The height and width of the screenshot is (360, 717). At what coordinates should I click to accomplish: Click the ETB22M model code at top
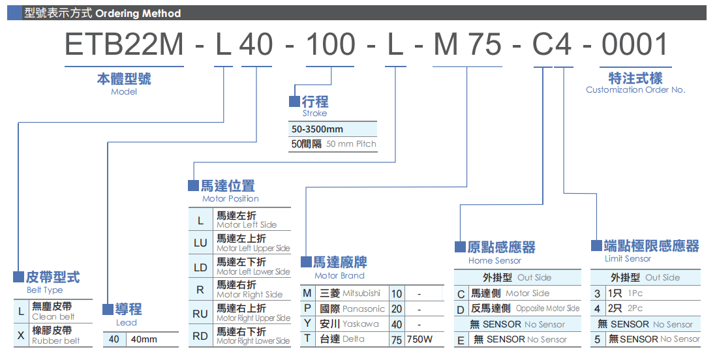[124, 45]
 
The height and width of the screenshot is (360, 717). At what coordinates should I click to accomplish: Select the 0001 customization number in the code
[635, 45]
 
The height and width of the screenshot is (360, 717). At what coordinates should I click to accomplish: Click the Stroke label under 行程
[314, 113]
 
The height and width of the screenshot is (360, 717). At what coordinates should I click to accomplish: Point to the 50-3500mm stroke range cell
[318, 129]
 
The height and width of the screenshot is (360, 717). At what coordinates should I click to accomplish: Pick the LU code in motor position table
[200, 243]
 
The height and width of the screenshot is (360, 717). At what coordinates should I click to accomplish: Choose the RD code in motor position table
[200, 337]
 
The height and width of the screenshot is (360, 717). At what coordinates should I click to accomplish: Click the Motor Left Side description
[247, 225]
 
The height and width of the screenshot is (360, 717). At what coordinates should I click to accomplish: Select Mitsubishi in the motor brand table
[361, 293]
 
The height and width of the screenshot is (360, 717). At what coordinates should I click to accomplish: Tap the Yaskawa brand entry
[360, 324]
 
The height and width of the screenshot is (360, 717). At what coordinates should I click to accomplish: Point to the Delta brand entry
[353, 339]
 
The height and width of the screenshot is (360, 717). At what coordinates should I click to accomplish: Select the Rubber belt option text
[56, 341]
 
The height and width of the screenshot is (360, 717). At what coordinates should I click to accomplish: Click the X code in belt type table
[21, 336]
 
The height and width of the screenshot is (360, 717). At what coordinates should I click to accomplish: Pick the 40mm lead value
[144, 340]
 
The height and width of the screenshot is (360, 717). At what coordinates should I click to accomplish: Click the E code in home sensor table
[461, 340]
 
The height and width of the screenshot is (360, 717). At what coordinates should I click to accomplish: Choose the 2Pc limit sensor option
[635, 308]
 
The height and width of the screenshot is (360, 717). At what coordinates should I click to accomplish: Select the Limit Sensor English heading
[628, 259]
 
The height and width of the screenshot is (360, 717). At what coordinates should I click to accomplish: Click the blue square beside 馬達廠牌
[306, 262]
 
